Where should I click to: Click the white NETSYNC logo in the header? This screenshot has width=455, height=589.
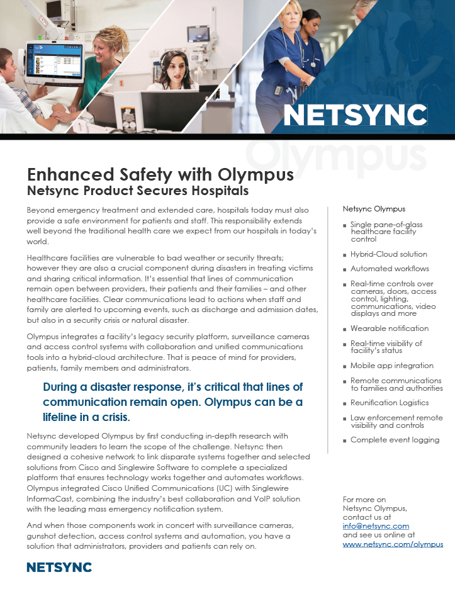point(355,115)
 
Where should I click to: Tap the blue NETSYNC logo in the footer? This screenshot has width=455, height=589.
point(59,568)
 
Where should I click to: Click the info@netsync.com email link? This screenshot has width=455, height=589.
point(376,525)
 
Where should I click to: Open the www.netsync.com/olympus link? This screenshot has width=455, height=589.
point(393,544)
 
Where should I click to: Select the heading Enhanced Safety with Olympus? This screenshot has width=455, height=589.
point(160,174)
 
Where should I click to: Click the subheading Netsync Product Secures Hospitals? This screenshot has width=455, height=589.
point(138,190)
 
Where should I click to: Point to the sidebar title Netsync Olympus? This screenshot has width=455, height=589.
point(374,209)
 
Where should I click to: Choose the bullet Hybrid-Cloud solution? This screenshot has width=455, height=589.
point(388,254)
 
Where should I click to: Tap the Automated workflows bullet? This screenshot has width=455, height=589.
point(390,269)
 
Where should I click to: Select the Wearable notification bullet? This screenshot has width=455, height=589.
point(389,328)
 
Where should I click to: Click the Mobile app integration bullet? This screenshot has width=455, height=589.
point(391,366)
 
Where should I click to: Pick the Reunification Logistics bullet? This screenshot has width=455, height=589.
point(389,403)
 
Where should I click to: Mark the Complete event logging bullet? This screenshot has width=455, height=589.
point(395,440)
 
